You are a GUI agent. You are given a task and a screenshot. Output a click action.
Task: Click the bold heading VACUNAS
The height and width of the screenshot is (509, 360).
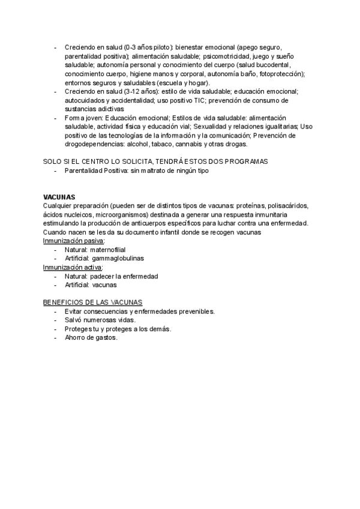pyautogui.click(x=59, y=197)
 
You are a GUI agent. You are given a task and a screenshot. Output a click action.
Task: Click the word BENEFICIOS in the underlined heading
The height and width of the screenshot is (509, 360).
pyautogui.click(x=64, y=303)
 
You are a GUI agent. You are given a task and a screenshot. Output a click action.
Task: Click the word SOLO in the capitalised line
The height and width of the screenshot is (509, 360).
pyautogui.click(x=53, y=162)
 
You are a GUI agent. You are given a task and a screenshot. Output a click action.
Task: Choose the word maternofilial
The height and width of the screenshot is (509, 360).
pyautogui.click(x=107, y=249)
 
